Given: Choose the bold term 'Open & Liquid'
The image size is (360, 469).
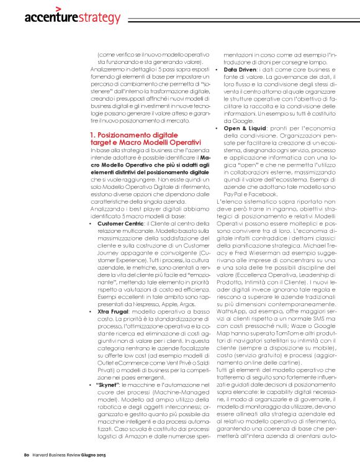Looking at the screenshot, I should click(x=246, y=129).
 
